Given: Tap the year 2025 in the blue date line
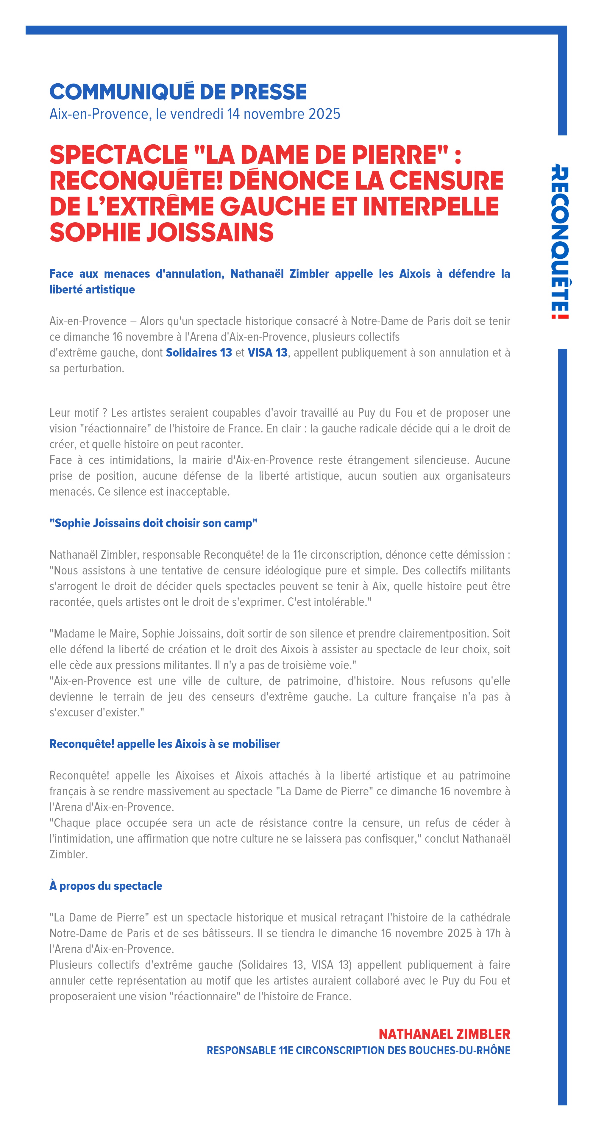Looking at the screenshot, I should click(324, 114).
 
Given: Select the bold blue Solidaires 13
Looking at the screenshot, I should click(199, 353).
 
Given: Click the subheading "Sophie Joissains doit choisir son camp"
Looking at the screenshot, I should click(153, 523).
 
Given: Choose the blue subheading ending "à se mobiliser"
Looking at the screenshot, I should click(165, 744).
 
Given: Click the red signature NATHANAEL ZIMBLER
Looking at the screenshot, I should click(444, 1034).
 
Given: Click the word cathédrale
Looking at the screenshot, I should click(485, 917).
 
